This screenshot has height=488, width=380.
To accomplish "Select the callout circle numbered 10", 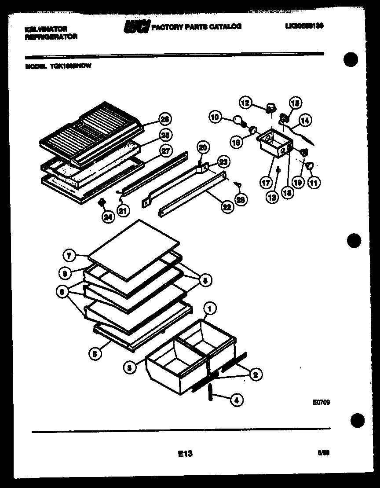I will tap(215, 117).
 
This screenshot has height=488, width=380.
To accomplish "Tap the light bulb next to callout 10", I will tap(237, 121).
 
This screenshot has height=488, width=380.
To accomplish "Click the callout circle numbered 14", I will tap(305, 119).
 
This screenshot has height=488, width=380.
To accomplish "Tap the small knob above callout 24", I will tap(102, 202).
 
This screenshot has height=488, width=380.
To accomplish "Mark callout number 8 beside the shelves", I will tap(205, 279).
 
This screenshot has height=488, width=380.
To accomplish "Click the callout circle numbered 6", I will tap(62, 291).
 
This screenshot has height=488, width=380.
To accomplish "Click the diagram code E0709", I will tap(322, 401).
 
